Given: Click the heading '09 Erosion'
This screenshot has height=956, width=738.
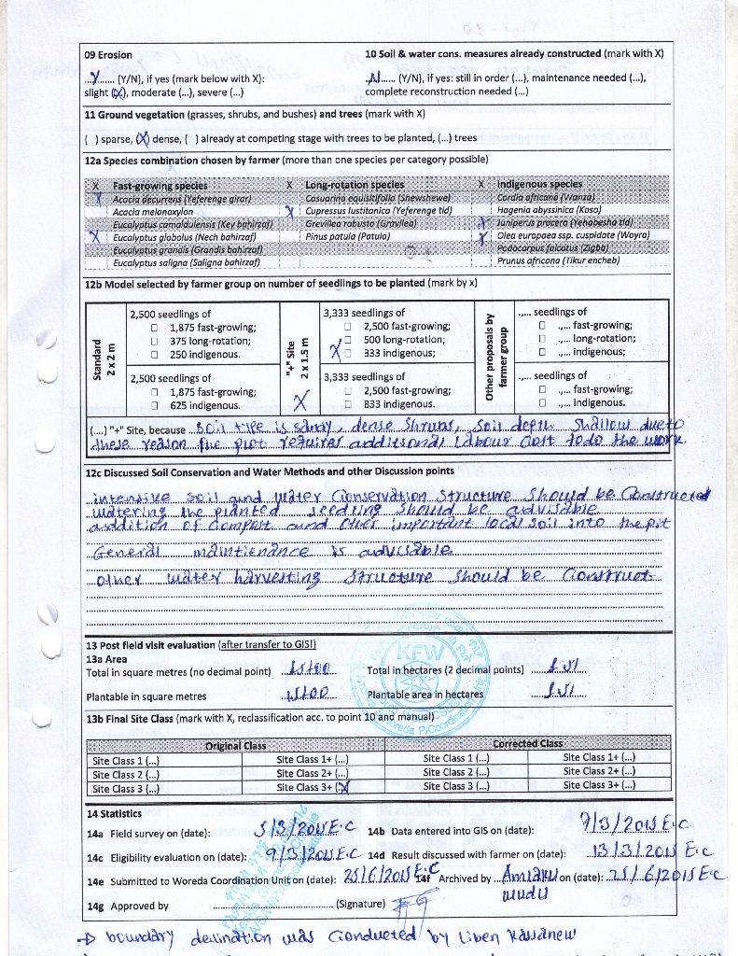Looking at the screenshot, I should [x=108, y=54].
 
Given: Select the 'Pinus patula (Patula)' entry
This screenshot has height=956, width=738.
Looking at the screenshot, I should [x=347, y=237].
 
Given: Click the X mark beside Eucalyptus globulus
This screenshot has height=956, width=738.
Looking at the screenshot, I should [x=96, y=237].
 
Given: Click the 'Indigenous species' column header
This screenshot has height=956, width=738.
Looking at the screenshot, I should [x=539, y=185].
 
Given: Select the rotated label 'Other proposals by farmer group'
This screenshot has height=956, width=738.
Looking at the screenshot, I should [x=491, y=358].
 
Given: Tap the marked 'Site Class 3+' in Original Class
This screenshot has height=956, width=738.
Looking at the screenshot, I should [x=311, y=787].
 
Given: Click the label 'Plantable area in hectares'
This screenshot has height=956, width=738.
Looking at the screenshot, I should [x=425, y=694].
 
